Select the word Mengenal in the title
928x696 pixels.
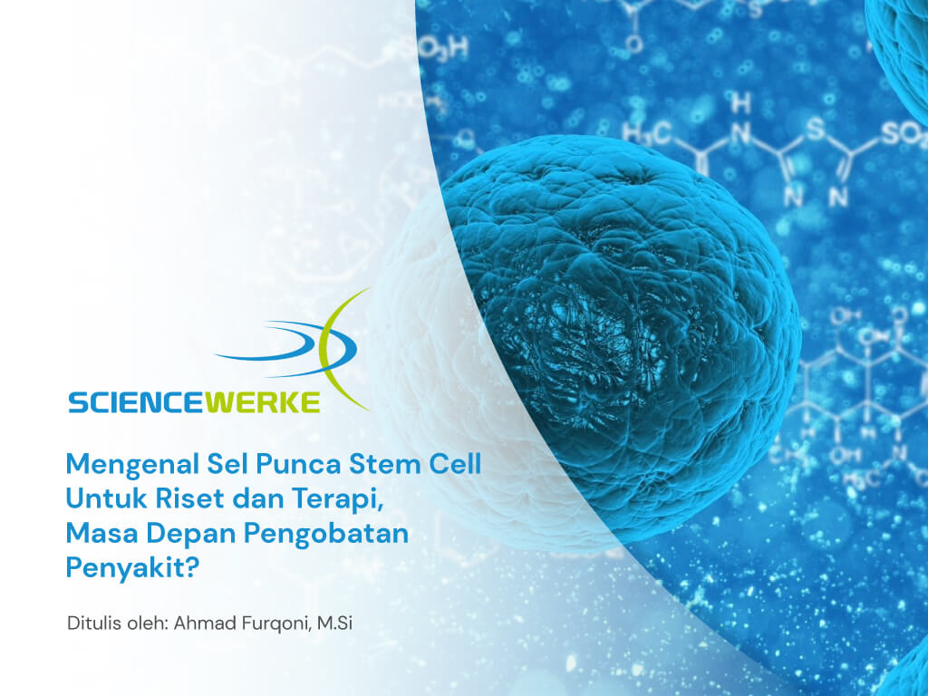pos(132,465)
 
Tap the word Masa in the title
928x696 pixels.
pos(102,533)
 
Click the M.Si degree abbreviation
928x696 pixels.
pos(335,623)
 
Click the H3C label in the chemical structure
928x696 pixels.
pos(647,132)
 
